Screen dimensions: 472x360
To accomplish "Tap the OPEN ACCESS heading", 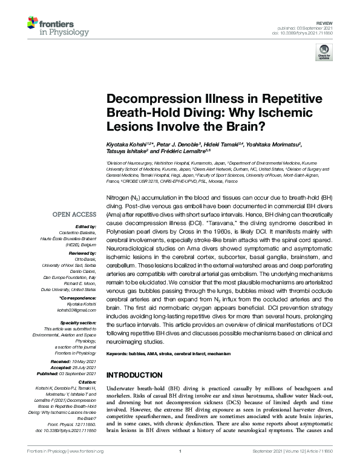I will pyautogui.click(x=74, y=214).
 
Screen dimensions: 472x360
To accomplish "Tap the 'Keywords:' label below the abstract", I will pyautogui.click(x=119, y=353).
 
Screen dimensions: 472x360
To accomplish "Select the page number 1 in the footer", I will pyautogui.click(x=180, y=467).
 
